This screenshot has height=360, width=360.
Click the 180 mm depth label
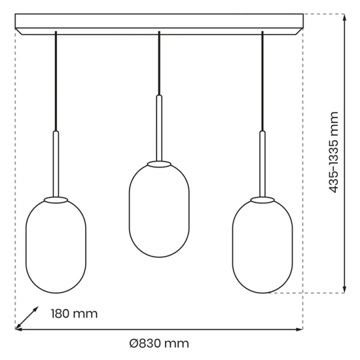pyautogui.click(x=74, y=314)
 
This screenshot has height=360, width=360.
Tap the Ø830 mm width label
pyautogui.click(x=159, y=344)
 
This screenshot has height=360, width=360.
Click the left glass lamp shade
pyautogui.click(x=56, y=246)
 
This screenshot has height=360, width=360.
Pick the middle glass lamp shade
pyautogui.click(x=159, y=210)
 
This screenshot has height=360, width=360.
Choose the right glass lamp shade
pyautogui.click(x=262, y=246)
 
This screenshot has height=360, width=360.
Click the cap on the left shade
pyautogui.click(x=56, y=199)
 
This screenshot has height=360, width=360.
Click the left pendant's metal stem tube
pyautogui.click(x=56, y=163)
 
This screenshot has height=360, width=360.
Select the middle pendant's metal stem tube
pyautogui.click(x=159, y=127)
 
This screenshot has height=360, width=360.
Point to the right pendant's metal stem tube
pyautogui.click(x=262, y=163)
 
